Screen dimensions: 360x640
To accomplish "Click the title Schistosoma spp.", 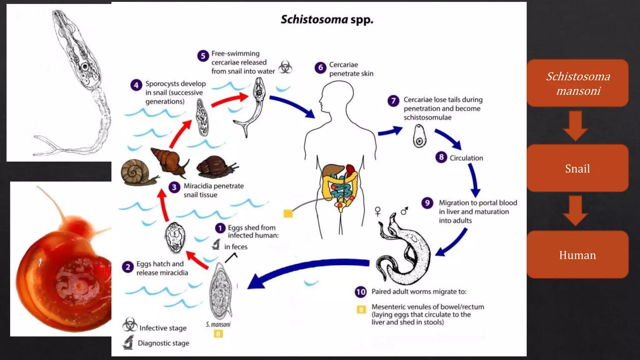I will pos(327,19).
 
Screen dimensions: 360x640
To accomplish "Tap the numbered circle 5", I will pos(203,56).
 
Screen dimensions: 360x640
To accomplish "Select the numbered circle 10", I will pos(361,292).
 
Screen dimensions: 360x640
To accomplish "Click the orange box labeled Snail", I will pos(577,168).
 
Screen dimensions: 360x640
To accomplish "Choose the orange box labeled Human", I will pos(577,255).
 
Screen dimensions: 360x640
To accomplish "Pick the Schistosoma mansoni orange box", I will pos(577,83).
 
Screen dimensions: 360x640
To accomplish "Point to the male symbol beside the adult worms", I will pos(404,211).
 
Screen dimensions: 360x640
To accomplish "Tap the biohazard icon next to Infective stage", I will pos(130,325).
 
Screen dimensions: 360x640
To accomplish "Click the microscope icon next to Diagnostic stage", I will pos(128,342).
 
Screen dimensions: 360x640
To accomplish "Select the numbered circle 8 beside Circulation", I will pos(441,157).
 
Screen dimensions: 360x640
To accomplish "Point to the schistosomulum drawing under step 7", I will pos(419,136).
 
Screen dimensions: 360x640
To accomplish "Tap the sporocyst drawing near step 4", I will pos(202,117).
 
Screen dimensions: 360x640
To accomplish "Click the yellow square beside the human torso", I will pos(288,213).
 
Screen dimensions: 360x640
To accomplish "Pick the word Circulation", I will pos(466,158).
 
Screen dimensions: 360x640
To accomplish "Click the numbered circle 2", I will pos(128,267).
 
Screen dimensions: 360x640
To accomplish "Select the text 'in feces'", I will pos(236,247).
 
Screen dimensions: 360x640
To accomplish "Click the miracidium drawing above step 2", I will pos(175,237).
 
